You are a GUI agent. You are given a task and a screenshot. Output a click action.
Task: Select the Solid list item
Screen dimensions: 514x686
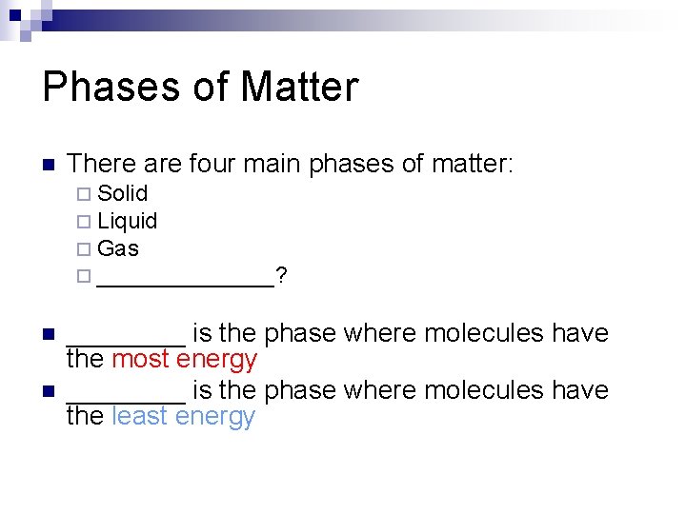122,193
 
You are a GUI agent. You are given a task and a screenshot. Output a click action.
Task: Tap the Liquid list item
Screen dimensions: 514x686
127,221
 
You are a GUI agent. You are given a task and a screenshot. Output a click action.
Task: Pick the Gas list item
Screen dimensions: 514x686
118,248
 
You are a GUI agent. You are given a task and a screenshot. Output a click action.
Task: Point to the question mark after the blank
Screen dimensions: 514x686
283,276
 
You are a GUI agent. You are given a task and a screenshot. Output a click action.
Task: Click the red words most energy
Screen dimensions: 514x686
184,360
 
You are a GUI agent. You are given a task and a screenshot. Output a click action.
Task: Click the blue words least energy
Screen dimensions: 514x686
183,417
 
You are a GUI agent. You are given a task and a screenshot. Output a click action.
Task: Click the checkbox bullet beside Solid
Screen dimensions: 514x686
82,194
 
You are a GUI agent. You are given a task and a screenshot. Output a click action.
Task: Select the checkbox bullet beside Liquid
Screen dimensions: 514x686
82,222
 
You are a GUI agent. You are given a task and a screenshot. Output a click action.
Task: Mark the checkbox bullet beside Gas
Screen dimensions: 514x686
82,249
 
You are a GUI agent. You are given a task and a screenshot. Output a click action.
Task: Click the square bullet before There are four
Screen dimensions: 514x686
49,165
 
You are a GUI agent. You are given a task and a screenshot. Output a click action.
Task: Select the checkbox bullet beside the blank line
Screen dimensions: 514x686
82,277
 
